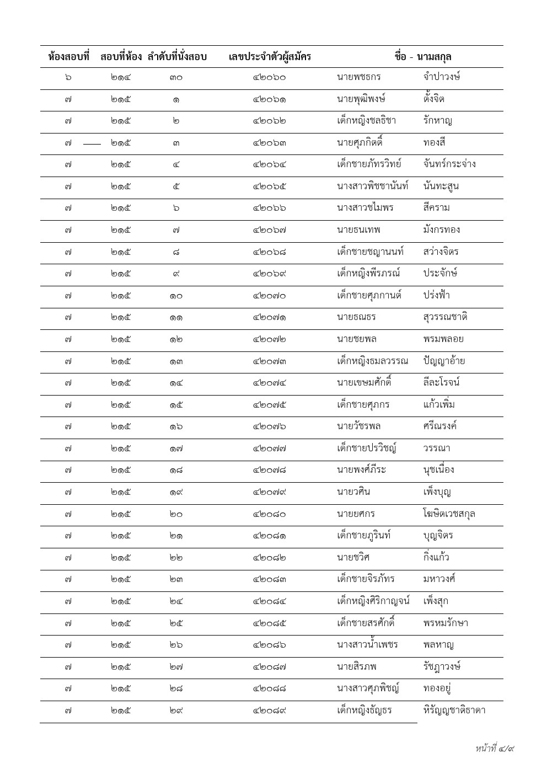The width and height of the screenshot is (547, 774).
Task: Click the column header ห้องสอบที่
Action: click(x=68, y=57)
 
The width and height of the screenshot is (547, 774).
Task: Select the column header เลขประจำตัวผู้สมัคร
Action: click(x=270, y=57)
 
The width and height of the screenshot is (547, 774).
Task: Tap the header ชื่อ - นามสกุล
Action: click(x=423, y=57)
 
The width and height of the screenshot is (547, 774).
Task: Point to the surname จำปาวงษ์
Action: click(x=439, y=77)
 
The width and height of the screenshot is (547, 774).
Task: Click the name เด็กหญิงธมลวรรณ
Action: click(x=372, y=361)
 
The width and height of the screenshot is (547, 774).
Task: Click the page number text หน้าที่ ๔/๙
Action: click(x=495, y=749)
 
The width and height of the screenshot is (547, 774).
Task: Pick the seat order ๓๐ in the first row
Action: click(x=176, y=78)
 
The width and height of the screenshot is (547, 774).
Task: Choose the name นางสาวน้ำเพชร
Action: click(x=367, y=645)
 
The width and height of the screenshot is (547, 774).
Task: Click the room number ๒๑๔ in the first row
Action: click(x=121, y=78)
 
